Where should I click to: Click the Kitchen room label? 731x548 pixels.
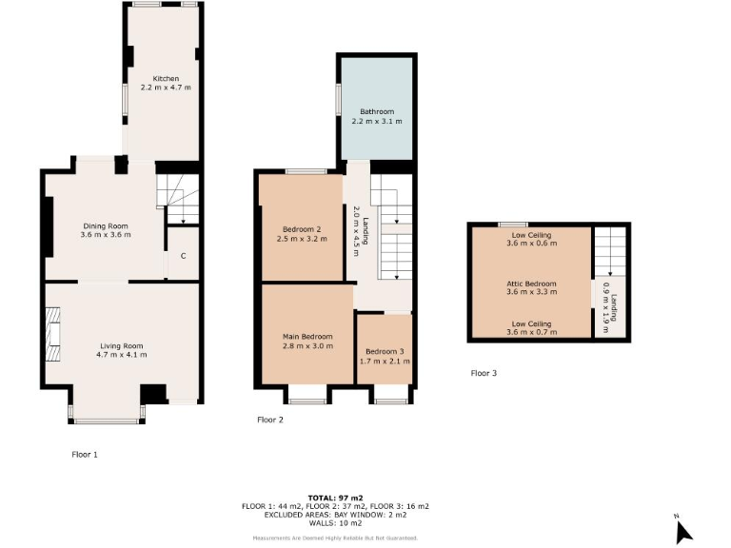click(166, 78)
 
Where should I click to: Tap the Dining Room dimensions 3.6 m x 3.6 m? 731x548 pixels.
click(105, 234)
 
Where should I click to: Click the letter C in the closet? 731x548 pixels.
click(183, 255)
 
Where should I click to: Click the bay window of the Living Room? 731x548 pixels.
click(106, 419)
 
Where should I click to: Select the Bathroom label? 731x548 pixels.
click(376, 111)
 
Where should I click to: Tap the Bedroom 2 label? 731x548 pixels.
click(301, 228)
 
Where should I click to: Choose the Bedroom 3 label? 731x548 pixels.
click(384, 350)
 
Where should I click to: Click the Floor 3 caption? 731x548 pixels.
click(484, 373)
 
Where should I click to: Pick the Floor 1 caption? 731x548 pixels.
click(85, 455)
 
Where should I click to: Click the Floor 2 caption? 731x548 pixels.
click(269, 420)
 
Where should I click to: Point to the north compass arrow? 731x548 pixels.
click(682, 530)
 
